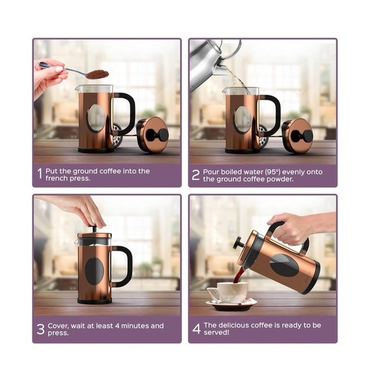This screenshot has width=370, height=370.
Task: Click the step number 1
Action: [40, 174]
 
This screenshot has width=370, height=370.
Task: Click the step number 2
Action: [196, 174]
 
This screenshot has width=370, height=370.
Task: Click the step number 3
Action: [40, 329]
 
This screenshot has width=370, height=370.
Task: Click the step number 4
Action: [196, 329]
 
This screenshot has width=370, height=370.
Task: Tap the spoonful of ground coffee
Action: [97, 74]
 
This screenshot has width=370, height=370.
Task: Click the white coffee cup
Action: [226, 292]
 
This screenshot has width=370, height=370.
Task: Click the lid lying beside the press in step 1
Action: [152, 135]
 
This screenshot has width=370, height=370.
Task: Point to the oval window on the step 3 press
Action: [94, 270]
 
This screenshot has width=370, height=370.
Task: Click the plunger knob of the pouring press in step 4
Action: [238, 243]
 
